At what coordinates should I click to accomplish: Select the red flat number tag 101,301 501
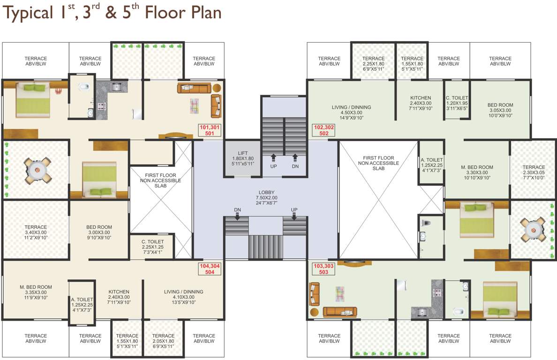[x=210, y=130]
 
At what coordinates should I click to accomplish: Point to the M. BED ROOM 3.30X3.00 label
[x=477, y=172]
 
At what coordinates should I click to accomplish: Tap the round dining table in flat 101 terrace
[x=37, y=170]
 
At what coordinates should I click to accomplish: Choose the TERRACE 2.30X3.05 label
[x=534, y=172]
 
